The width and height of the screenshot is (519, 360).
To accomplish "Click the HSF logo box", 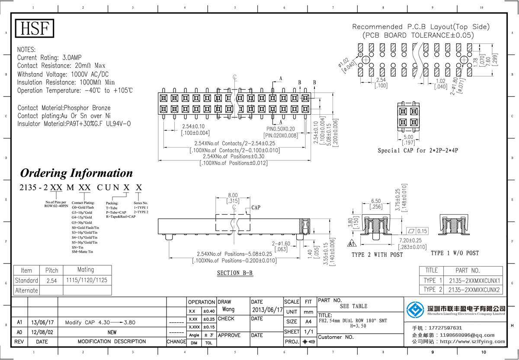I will pos(35,29).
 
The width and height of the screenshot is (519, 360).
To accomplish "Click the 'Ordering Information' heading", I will pos(77,173).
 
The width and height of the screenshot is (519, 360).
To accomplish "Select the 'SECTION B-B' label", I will pos(235,273).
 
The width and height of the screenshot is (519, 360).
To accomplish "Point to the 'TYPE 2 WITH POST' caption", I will pos(377,254).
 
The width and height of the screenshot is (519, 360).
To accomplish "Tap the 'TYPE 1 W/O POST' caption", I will pos(455,253).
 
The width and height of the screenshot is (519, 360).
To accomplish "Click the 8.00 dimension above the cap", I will pos(233,195).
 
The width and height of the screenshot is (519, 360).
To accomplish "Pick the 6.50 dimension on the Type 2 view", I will pos(376,201).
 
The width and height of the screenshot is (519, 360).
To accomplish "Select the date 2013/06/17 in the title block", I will pos(267,310).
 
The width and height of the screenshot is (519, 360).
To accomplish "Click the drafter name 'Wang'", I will pos(228,309).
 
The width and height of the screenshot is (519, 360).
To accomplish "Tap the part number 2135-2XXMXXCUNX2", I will pos(474,289).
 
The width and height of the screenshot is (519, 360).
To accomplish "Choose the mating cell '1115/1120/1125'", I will pos(86,280).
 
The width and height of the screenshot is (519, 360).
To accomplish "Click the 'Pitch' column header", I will pos(51,270).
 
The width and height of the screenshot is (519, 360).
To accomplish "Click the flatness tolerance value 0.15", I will pos(422,231).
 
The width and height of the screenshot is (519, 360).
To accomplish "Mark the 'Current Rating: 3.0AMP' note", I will pos(49,58).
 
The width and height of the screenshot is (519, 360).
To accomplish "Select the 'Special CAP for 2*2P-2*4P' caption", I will pos(418,151).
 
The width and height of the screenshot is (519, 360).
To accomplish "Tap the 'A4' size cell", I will pos(308,321).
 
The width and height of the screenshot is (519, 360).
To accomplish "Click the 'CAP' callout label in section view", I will pos(256,208).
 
